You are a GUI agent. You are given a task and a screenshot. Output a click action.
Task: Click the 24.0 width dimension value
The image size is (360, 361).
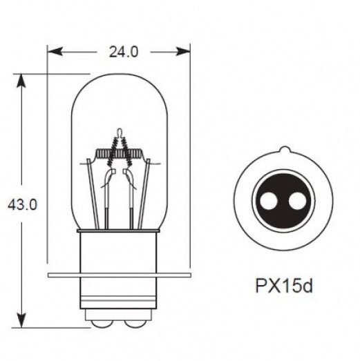pyautogui.click(x=120, y=50)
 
